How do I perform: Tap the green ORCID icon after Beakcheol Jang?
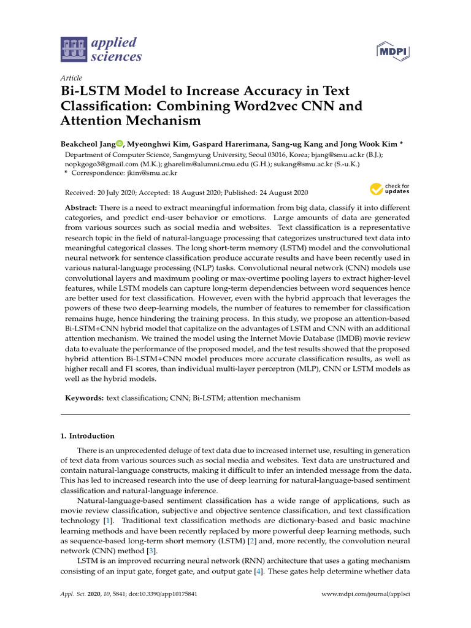pos(119,144)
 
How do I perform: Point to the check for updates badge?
pos(389,189)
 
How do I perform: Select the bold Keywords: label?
pos(85,398)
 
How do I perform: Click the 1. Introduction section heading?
pos(87,436)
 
